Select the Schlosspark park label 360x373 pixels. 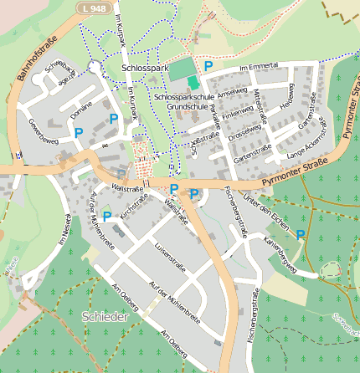tap(145, 66)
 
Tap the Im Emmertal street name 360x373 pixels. tap(257, 67)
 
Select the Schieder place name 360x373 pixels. tap(106, 317)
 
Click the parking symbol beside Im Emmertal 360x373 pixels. tap(208, 66)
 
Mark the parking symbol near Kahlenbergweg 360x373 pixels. tap(301, 235)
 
